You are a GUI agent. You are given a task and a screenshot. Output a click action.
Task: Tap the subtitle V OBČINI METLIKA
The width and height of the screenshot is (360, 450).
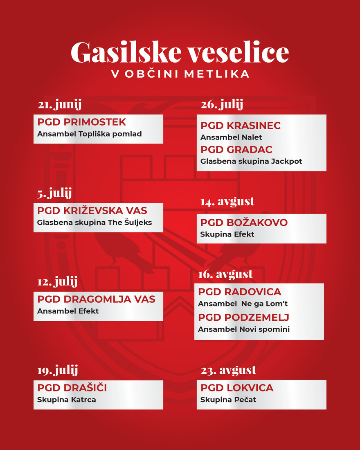click(180, 74)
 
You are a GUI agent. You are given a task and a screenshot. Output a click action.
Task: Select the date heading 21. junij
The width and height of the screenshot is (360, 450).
click(59, 105)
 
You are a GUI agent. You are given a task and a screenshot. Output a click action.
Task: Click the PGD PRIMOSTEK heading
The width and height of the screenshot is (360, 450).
click(81, 122)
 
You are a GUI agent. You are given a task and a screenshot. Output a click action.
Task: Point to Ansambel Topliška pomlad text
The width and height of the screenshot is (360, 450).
click(89, 134)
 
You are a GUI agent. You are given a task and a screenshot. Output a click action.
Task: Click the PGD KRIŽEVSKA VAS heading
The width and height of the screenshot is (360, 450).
click(92, 211)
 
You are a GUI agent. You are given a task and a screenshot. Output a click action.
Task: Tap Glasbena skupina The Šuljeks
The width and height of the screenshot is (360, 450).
click(94, 223)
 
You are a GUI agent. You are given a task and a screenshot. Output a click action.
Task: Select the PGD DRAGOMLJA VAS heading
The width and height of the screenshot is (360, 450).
click(96, 299)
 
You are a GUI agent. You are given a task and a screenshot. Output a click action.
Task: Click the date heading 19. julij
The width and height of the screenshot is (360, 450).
click(57, 371)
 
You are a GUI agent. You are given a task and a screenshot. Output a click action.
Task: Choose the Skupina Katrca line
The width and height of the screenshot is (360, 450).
click(66, 400)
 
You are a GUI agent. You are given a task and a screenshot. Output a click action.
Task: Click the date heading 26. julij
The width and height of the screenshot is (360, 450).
click(222, 105)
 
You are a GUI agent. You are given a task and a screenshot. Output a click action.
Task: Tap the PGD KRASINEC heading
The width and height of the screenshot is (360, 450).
click(241, 126)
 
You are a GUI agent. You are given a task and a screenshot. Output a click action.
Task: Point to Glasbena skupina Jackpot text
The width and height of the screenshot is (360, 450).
click(251, 161)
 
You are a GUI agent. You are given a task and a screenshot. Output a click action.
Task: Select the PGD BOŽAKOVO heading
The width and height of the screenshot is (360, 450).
click(244, 223)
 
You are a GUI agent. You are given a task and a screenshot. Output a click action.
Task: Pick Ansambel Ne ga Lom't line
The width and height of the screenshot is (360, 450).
click(243, 304)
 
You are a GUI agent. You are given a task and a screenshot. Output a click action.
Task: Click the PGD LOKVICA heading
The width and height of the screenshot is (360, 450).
click(237, 388)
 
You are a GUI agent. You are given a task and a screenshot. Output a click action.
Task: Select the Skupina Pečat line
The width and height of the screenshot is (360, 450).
click(228, 400)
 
